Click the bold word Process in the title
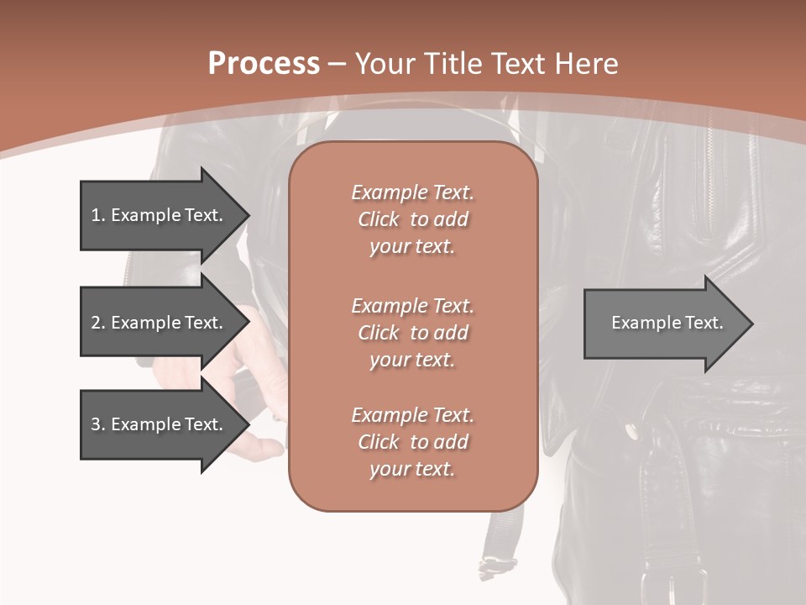[x=264, y=64]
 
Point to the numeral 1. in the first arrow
[x=98, y=215]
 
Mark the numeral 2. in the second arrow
[x=98, y=323]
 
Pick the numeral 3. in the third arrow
[x=98, y=424]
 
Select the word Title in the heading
[x=454, y=64]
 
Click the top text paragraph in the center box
[x=412, y=219]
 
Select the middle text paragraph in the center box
[x=412, y=332]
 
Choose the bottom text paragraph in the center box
[x=412, y=442]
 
